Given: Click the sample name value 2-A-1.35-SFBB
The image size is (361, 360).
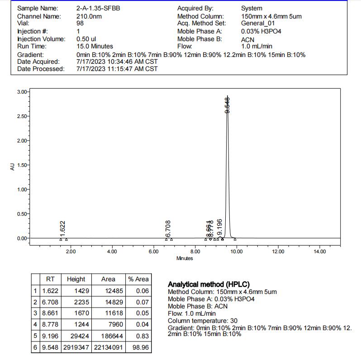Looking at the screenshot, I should click(x=98, y=9).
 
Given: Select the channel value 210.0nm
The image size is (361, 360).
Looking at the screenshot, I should click(x=89, y=16).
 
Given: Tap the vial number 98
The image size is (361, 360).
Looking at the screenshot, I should click(x=80, y=24).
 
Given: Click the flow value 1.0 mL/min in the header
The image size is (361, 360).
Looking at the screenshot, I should click(x=257, y=46).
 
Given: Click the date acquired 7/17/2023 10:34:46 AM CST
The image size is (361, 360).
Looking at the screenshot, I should click(x=117, y=62).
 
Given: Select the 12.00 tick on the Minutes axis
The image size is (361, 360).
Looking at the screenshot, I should click(x=278, y=251).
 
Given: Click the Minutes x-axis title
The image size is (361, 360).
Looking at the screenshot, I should click(x=185, y=258).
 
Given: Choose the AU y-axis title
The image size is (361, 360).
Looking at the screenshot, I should click(x=12, y=166).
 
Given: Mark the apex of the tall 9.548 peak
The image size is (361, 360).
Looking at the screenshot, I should click(x=227, y=97).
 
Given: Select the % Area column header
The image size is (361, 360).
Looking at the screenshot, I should click(x=138, y=279).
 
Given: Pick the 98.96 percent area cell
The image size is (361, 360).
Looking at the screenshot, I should click(x=142, y=347).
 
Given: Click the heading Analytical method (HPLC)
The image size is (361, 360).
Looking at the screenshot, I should click(x=209, y=284).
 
